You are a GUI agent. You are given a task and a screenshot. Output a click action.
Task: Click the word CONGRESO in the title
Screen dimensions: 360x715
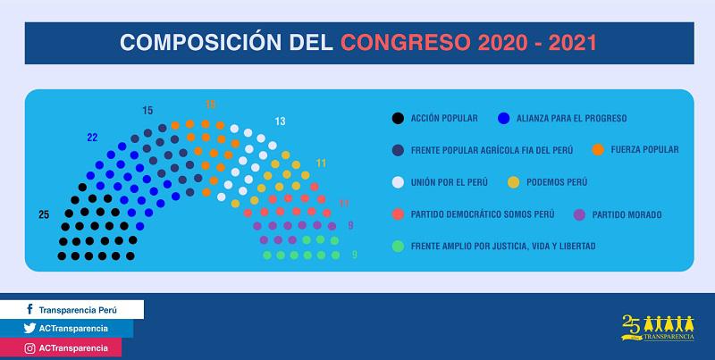click(x=407, y=42)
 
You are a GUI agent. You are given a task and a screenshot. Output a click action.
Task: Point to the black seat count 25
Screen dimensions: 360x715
click(x=44, y=214)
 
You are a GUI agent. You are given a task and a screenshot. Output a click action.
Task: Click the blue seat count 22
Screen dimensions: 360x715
click(x=91, y=138)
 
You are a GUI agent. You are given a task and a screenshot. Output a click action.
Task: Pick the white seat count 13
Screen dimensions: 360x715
click(x=280, y=121)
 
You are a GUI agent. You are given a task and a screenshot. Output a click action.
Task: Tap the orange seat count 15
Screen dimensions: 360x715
click(x=210, y=105)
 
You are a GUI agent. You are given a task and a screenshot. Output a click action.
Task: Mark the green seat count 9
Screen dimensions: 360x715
click(x=354, y=255)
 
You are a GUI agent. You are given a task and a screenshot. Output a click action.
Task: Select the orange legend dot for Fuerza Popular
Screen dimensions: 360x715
click(x=596, y=149)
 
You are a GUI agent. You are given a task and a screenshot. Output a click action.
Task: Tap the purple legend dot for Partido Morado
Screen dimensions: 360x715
click(x=580, y=213)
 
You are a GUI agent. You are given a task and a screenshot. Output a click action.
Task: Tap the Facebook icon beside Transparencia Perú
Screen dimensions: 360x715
click(x=29, y=309)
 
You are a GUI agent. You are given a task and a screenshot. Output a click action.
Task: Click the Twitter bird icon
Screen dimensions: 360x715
click(x=29, y=328)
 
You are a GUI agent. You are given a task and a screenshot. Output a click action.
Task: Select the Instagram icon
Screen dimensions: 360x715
click(x=29, y=347)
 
